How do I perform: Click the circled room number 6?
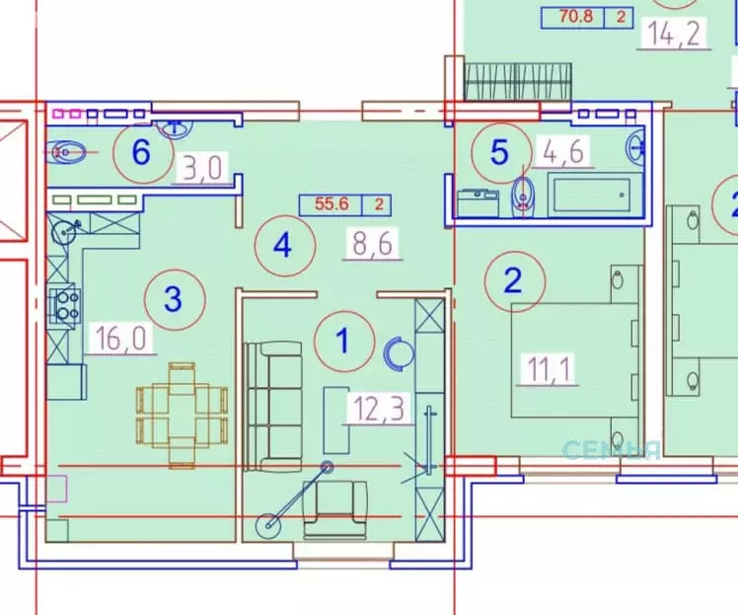point(141,152)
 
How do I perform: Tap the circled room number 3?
point(173,299)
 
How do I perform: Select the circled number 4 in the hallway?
point(284,244)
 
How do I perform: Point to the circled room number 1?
point(342,341)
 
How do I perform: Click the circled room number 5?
point(499,152)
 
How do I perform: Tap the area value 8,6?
point(372,242)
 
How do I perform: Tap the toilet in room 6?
point(68,152)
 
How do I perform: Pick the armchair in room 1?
point(334,511)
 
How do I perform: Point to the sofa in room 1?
point(273,405)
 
